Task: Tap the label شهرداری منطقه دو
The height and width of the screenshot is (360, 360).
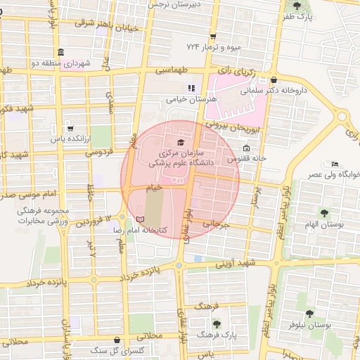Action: [87, 63]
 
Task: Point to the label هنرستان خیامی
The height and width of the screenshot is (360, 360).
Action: [190, 100]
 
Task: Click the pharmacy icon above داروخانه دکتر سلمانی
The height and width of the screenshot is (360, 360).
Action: [273, 79]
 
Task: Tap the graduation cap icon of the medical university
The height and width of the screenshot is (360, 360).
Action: [172, 143]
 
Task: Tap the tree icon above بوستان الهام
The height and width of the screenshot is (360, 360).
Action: [323, 212]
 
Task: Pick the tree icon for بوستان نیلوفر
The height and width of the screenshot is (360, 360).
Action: [309, 314]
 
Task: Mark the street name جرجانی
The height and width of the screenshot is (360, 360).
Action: [217, 224]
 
